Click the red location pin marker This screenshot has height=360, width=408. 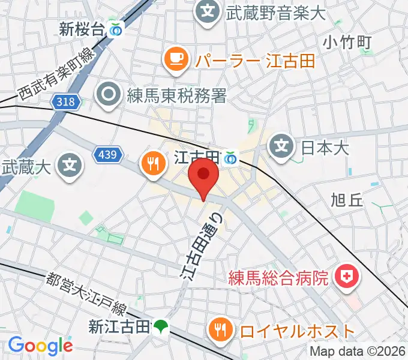(x=203, y=177)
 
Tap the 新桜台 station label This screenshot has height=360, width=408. (x=82, y=28)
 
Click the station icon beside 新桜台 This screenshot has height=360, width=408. (x=116, y=28)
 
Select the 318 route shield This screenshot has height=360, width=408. (x=65, y=102)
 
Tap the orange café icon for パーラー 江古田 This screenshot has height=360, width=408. (x=175, y=58)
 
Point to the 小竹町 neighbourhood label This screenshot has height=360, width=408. (x=347, y=41)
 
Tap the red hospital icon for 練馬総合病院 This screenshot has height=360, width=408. (x=346, y=277)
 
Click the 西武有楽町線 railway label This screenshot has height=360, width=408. (x=56, y=75)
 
